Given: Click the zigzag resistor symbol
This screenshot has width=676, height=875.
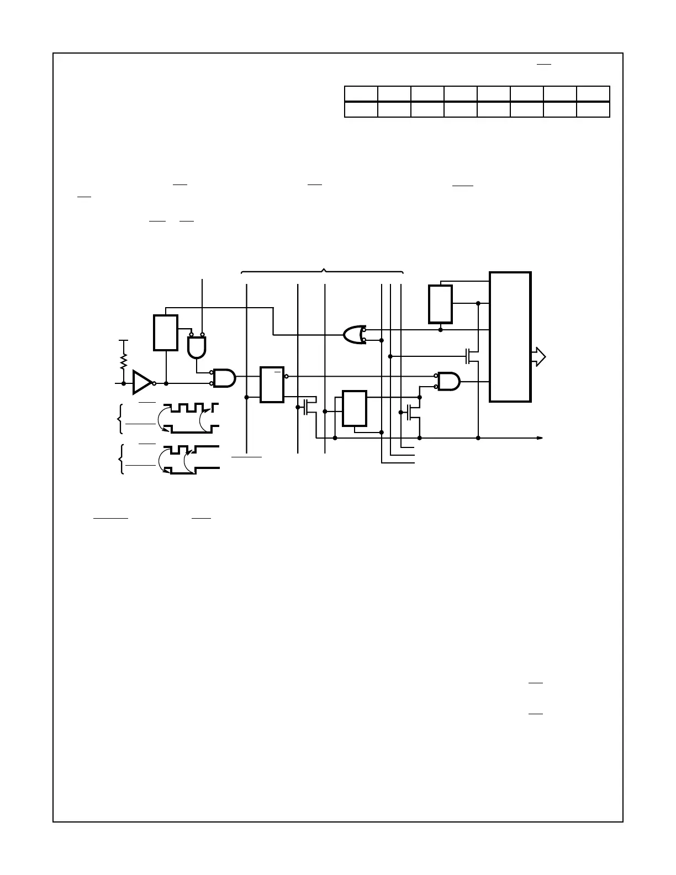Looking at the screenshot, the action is tap(124, 362).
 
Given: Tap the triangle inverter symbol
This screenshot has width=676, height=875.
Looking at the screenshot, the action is tap(142, 383).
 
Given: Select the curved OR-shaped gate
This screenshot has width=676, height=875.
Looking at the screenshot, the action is tap(352, 335).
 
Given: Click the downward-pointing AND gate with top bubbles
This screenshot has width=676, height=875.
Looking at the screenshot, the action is tap(196, 346).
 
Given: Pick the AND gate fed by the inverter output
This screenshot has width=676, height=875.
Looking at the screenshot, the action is tap(224, 378).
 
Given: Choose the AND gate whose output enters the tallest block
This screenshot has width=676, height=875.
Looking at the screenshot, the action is tap(448, 381).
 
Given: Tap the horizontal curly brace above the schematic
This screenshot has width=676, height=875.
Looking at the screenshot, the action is tap(323, 271).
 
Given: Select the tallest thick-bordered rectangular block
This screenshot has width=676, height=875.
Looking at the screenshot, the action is tap(510, 337).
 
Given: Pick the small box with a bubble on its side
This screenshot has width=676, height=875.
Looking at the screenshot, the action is tap(272, 384).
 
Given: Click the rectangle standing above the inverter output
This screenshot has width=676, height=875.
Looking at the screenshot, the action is tap(166, 333).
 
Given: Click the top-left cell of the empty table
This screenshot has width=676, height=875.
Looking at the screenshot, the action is tap(361, 93).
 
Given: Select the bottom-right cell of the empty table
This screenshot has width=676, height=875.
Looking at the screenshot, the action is tap(593, 109).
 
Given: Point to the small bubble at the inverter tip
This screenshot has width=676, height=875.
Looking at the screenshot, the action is tap(154, 383).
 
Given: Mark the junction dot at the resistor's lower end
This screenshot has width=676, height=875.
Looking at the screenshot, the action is tap(124, 383).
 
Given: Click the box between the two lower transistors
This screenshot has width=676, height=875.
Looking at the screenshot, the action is tap(355, 408).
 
